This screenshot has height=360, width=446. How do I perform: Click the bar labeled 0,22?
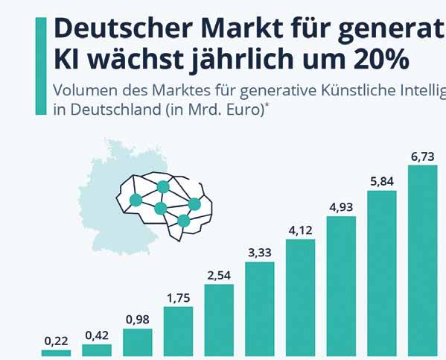56,353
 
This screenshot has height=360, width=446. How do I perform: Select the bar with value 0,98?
138,342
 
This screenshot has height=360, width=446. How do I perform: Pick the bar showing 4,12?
300,297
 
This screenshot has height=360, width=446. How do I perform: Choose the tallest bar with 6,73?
422,261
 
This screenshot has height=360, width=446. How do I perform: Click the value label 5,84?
382,181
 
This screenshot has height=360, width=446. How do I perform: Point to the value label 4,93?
341,207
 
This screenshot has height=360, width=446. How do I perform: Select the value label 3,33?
260,253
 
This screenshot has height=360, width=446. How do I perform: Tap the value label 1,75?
179,298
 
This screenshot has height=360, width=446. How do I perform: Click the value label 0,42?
97,335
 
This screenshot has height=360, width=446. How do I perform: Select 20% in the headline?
381,59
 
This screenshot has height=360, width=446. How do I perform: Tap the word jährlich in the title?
242,60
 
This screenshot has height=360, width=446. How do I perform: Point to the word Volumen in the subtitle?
85,90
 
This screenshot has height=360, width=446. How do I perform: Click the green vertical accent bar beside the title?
41,66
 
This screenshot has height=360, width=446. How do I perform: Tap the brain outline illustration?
164,206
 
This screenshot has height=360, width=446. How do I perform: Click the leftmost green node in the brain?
136,200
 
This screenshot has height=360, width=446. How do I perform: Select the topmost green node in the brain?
163,187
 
